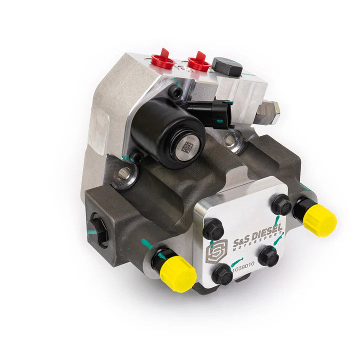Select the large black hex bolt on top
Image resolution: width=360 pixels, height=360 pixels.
click(x=227, y=66)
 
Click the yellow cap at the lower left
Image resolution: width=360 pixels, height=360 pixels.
click(x=177, y=272)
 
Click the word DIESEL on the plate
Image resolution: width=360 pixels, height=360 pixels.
click(x=265, y=235)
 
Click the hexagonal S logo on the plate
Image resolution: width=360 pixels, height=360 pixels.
click(x=216, y=251)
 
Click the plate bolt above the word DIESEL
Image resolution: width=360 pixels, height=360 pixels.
click(x=281, y=204)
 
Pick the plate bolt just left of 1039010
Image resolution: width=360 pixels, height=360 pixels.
click(x=221, y=275)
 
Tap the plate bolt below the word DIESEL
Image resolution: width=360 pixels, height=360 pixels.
click(x=268, y=256)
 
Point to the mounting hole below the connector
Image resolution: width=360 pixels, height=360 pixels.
click(x=230, y=140)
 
